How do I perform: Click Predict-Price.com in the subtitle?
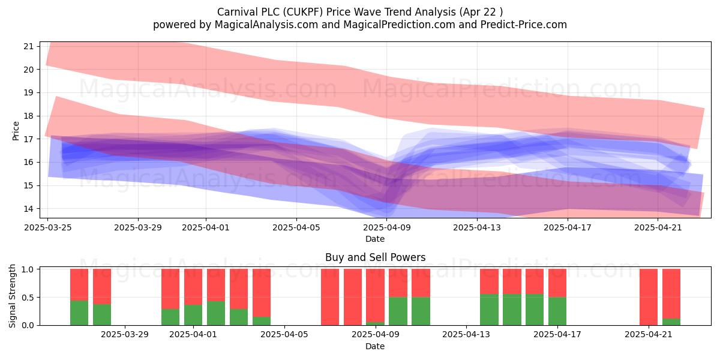[x=524, y=25]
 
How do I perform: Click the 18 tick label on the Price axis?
[x=29, y=116]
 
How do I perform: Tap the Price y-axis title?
[x=16, y=131]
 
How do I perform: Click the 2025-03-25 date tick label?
[x=48, y=227]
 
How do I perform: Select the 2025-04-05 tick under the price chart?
[x=296, y=227]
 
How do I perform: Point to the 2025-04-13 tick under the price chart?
[x=477, y=227]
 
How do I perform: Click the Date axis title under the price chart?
[x=375, y=239]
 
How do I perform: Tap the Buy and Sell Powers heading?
[x=376, y=257]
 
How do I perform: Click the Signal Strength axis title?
[x=12, y=296]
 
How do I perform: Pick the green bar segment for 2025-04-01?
[x=193, y=315]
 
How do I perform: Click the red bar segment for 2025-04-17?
[x=557, y=283]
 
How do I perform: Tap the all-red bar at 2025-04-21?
[x=649, y=297]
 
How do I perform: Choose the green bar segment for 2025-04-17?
[x=557, y=311]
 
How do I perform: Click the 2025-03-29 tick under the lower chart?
[x=125, y=334]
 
